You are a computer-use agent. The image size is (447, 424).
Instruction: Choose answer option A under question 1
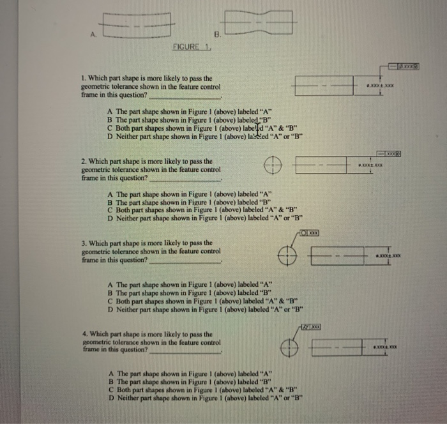pyautogui.click(x=191, y=110)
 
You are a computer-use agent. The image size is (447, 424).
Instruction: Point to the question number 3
pyautogui.click(x=85, y=243)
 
